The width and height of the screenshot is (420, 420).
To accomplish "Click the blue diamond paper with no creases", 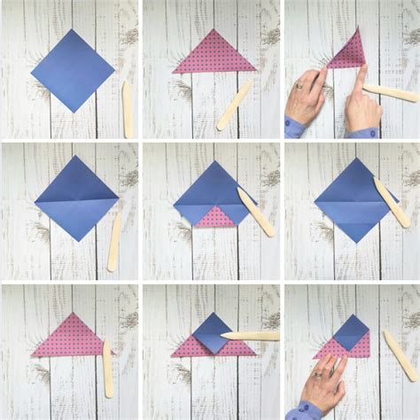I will pos(73,70).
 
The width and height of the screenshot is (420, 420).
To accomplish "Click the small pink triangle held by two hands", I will pos(348,51).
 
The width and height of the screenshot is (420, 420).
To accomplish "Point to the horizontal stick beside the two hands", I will pos(391,92).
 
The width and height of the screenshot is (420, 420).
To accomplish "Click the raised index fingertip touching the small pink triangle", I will pos(362,70).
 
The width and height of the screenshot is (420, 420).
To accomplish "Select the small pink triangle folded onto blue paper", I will pos(214,216).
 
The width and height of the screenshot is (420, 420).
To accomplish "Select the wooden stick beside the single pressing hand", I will pos(399,354).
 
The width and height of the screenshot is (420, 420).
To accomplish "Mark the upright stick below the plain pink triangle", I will pos(108,369).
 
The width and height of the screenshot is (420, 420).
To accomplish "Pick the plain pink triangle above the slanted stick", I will pos(214,55).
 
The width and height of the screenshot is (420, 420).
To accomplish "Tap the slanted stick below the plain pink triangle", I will pos(234,105).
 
